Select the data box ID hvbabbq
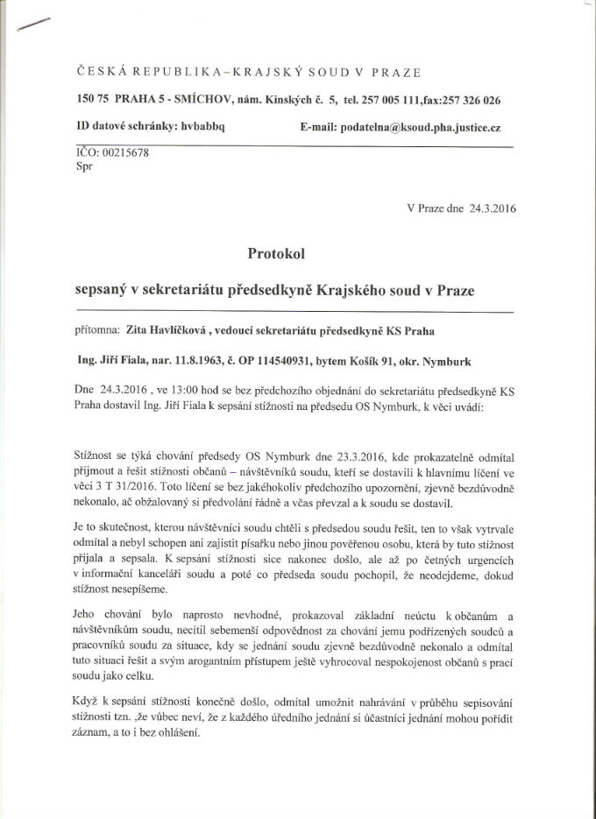click(x=202, y=127)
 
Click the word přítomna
click(x=101, y=330)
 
